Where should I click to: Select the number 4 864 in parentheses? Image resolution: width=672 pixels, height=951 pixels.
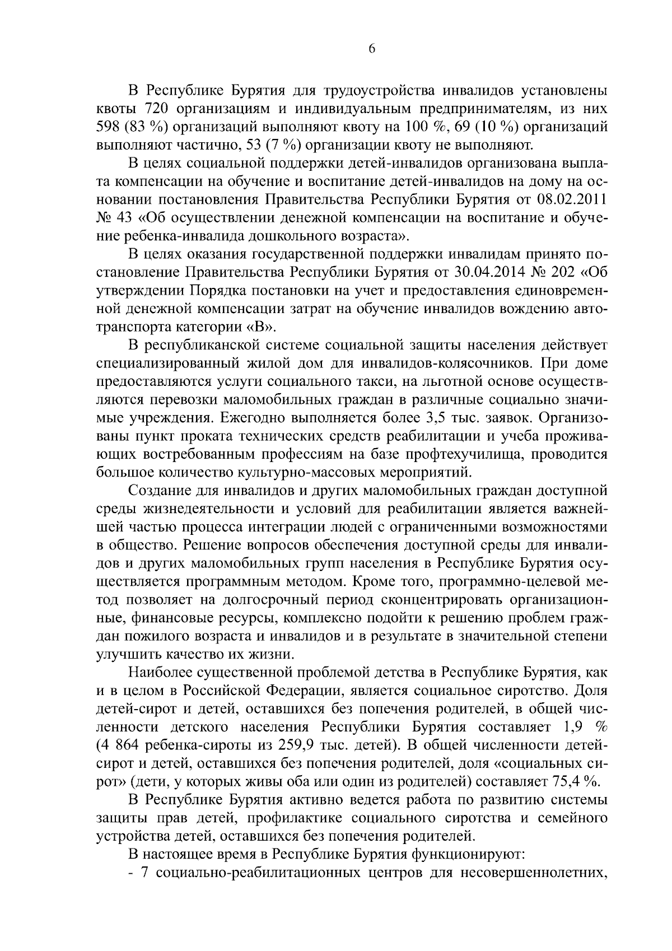pyautogui.click(x=122, y=745)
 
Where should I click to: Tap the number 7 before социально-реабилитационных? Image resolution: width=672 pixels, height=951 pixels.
pyautogui.click(x=144, y=872)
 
